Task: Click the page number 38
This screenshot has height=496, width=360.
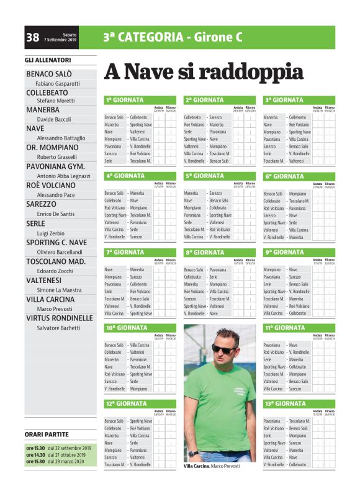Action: (32, 38)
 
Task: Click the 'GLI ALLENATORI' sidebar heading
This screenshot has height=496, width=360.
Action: (48, 60)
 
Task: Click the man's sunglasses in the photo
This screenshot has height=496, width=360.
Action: (222, 349)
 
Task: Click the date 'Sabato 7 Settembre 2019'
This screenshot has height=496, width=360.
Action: (60, 38)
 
